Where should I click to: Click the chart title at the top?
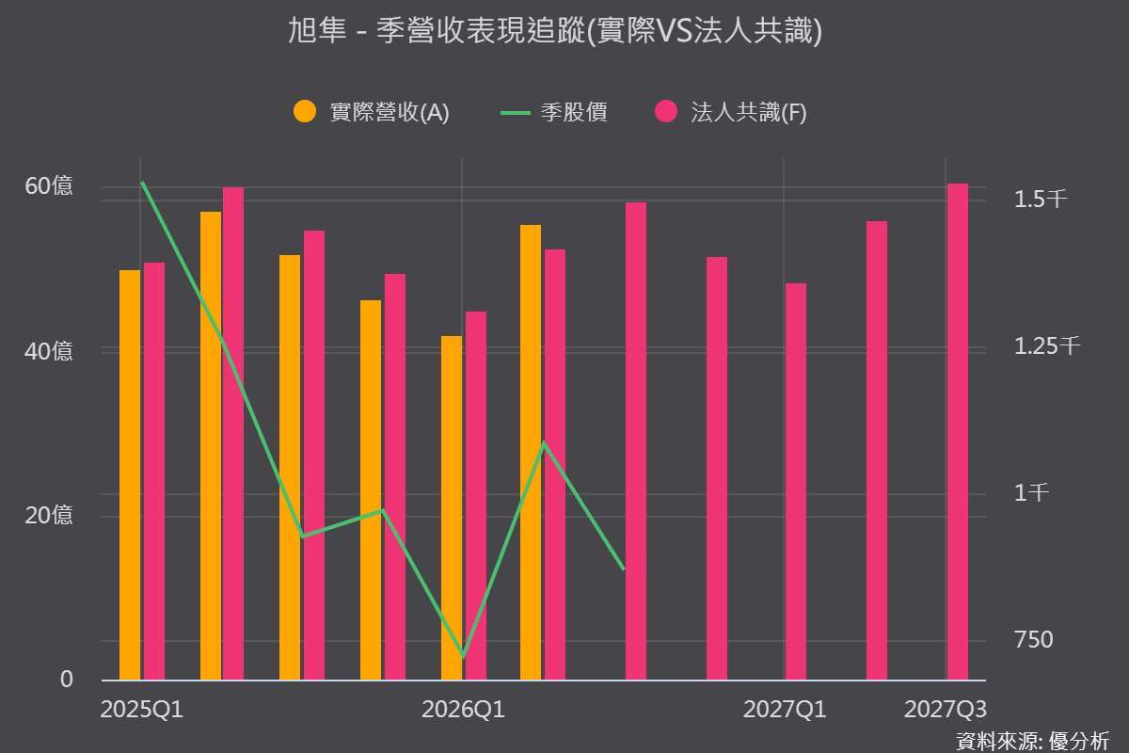pos(555,30)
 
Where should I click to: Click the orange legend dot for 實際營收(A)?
pos(305,111)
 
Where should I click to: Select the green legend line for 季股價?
pos(516,113)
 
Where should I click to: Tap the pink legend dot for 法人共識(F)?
pos(666,111)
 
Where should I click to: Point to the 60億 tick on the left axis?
pos(48,186)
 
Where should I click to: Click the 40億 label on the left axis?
pos(48,351)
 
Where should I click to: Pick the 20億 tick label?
pos(48,516)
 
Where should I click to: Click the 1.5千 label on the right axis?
pos(1041,200)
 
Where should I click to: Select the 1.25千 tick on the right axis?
pos(1047,346)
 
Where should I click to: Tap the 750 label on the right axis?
pos(1034,639)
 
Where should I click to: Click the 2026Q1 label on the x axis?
pos(463,710)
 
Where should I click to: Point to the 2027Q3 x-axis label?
pos(945,710)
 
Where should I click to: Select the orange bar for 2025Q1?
pos(130,475)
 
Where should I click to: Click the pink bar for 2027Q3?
pos(958,432)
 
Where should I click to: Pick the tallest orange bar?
pos(211,446)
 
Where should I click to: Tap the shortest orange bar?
pos(452,508)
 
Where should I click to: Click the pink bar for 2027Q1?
pos(796,482)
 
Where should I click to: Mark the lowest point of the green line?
pos(463,656)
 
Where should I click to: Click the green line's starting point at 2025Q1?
pos(143,182)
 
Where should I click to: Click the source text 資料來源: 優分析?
pos(1032,742)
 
